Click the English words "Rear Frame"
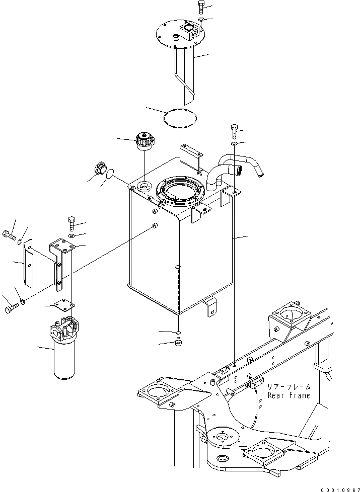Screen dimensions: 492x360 (289, 395)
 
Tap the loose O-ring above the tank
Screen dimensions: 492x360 (180, 118)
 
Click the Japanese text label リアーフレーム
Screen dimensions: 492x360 (289, 387)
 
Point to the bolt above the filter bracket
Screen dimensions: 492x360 (71, 222)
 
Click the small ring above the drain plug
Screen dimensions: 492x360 (178, 333)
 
